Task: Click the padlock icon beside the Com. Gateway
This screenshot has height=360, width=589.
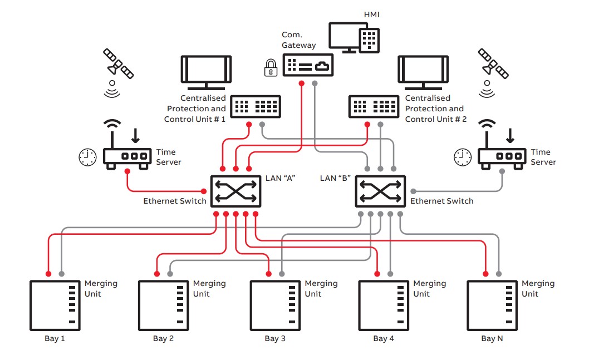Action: click(271, 68)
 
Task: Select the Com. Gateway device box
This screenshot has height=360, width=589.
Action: click(308, 65)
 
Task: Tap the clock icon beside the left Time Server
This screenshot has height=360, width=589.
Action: click(87, 157)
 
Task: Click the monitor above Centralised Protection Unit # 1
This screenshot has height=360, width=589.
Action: click(206, 71)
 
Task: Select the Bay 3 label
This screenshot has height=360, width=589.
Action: click(275, 338)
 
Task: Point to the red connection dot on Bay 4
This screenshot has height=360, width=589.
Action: click(377, 274)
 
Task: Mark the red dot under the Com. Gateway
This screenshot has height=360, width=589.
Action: click(301, 83)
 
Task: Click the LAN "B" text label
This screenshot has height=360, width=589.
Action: click(336, 178)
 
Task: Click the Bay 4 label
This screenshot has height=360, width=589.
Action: click(384, 338)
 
